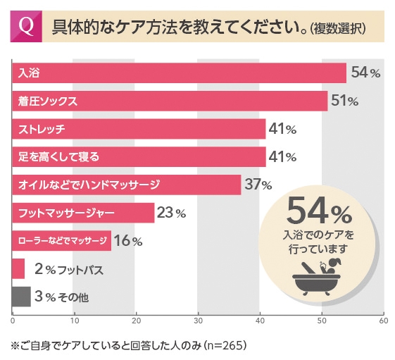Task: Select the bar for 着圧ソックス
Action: coord(170,101)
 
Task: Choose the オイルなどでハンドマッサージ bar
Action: coord(127,185)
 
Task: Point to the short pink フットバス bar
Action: coord(18,268)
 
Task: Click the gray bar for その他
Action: coord(21,297)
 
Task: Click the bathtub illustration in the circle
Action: coord(316,278)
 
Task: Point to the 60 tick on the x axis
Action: coord(383,321)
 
